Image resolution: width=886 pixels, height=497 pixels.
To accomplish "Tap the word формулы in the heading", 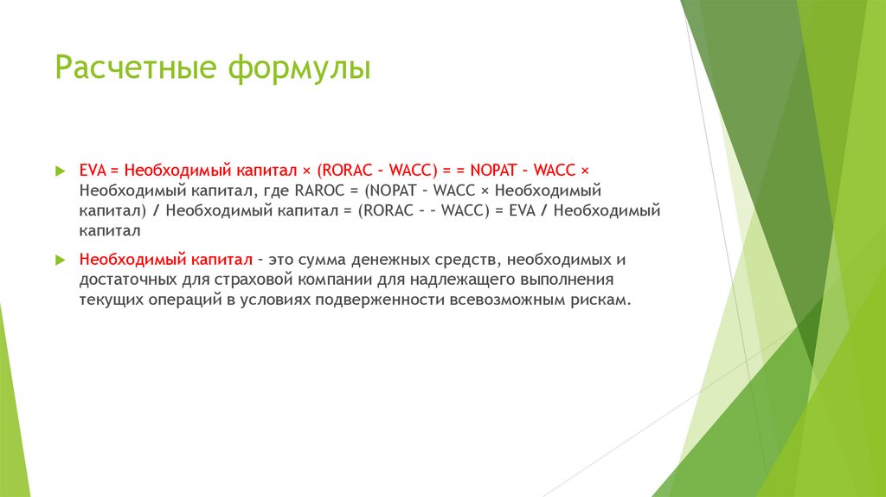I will tap(299, 68).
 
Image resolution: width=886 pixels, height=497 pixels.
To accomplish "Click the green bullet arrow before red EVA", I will tap(60, 171).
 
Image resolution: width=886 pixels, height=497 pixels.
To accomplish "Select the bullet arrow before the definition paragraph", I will tap(60, 260).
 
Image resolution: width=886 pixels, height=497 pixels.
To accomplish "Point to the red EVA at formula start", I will tap(92, 170).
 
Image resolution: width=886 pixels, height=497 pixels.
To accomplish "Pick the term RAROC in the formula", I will tap(320, 190).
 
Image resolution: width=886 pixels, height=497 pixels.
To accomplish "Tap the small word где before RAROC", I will tap(278, 190).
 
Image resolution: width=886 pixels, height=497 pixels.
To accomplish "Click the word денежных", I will tap(386, 260).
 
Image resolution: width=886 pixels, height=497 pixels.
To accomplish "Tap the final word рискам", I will tap(598, 300).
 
